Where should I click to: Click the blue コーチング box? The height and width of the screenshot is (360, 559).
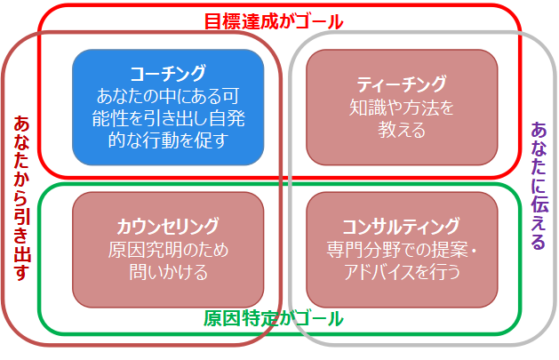click(168, 107)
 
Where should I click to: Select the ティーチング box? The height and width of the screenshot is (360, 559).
click(402, 107)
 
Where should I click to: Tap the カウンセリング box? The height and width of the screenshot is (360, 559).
click(168, 250)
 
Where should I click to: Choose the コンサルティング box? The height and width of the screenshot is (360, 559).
click(402, 250)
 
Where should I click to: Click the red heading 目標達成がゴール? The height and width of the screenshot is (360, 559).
click(274, 21)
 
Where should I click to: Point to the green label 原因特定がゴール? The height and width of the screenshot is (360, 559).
click(274, 318)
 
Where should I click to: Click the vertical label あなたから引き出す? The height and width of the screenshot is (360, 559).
click(21, 198)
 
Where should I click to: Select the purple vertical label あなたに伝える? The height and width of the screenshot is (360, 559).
click(539, 186)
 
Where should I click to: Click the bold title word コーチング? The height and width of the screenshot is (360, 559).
click(168, 74)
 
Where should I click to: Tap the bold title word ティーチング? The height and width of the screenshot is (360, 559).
click(402, 84)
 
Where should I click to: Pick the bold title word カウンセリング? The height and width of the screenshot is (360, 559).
click(168, 227)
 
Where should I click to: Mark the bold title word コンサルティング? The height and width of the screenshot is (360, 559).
click(401, 227)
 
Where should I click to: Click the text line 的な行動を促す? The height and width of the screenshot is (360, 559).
click(168, 140)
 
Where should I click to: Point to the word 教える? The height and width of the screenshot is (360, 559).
click(402, 130)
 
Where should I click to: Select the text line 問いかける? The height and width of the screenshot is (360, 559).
click(168, 272)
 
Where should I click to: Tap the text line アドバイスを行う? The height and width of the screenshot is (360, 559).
click(402, 272)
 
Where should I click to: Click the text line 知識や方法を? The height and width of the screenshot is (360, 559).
click(402, 108)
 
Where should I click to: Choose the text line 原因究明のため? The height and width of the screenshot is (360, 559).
click(168, 250)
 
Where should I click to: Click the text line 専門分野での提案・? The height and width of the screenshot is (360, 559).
click(402, 250)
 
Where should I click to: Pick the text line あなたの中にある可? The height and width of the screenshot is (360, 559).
click(168, 96)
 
